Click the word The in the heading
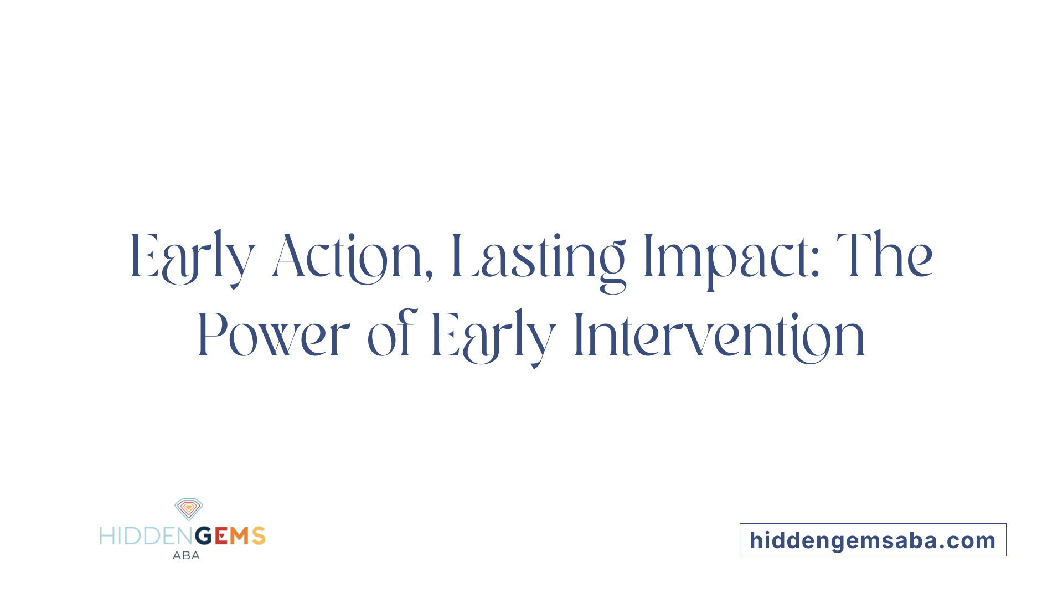tap(884, 256)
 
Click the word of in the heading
tap(391, 334)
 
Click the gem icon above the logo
tap(189, 509)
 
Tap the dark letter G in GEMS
tap(204, 536)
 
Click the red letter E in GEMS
tap(221, 536)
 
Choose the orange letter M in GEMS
tap(240, 536)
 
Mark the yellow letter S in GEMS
tap(259, 536)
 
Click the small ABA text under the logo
tap(186, 555)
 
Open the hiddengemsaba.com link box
tap(873, 540)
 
